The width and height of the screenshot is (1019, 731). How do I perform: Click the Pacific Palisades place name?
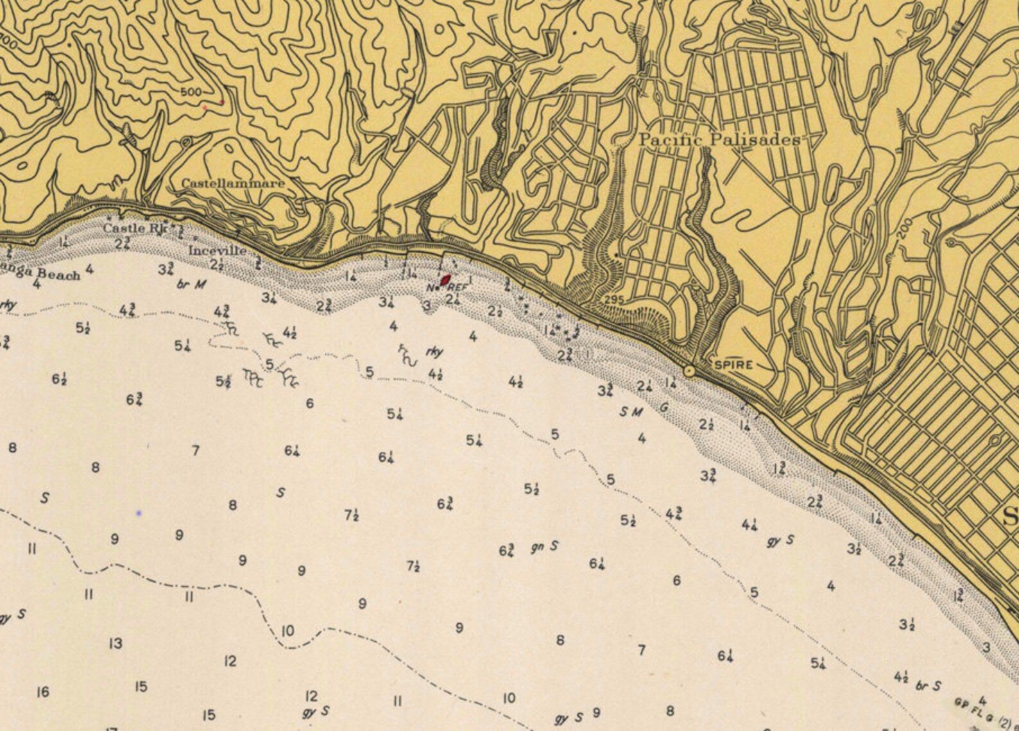click(x=719, y=140)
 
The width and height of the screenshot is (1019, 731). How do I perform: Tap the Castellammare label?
click(x=232, y=184)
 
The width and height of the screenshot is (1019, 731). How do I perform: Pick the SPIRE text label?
click(x=733, y=365)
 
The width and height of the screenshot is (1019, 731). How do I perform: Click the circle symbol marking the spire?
click(x=689, y=370)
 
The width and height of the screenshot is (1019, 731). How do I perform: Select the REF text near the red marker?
click(x=457, y=288)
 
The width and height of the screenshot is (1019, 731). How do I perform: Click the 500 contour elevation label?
click(x=191, y=92)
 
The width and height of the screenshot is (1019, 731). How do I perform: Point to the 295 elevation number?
click(x=614, y=300)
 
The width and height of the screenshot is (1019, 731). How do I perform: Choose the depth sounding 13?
click(x=116, y=643)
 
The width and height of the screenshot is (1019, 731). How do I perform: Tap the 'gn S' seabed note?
click(x=545, y=547)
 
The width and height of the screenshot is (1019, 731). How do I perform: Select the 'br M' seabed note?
click(x=191, y=284)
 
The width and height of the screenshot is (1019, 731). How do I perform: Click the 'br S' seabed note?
click(x=929, y=685)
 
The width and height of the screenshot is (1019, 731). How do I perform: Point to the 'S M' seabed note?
click(x=631, y=412)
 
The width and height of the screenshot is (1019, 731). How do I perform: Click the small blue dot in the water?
click(x=139, y=513)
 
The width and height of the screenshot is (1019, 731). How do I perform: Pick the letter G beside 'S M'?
click(x=664, y=406)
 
